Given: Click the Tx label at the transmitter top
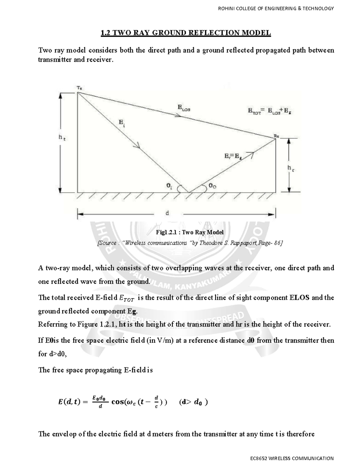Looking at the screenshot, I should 79,88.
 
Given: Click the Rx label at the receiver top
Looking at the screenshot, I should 276,136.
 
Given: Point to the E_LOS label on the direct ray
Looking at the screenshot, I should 184,108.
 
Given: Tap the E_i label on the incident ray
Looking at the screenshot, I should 122,123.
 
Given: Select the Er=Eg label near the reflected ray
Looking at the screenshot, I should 233,156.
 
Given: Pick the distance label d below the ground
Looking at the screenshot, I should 167,213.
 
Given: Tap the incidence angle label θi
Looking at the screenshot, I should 169,186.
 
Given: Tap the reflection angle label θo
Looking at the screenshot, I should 212,186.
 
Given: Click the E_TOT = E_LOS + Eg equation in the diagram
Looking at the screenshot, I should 270,111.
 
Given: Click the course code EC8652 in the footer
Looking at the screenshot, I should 260,458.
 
